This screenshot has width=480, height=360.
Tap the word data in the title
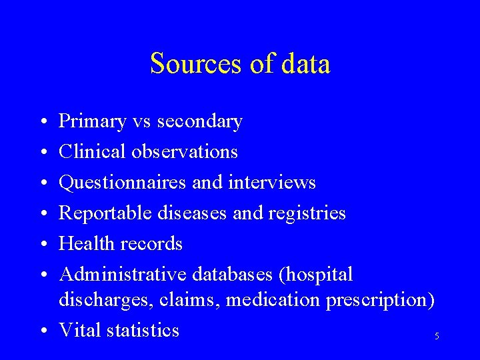click(x=305, y=64)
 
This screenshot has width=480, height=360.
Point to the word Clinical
click(x=91, y=152)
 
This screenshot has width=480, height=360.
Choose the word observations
click(x=184, y=152)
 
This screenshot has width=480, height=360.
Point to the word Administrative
click(x=123, y=274)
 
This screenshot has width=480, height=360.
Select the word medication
click(x=273, y=300)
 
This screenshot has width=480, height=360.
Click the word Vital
click(x=81, y=330)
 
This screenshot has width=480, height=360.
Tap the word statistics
click(x=143, y=330)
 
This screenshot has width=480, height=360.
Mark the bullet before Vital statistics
click(x=42, y=331)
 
